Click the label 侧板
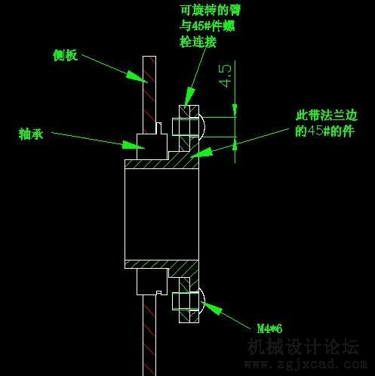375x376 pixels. pos(65,55)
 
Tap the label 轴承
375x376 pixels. pos(31,134)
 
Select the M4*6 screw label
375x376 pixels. pos(269,328)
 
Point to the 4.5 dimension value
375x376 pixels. pos(226,76)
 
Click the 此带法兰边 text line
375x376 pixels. pos(327,116)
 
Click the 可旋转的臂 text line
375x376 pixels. pos(211,11)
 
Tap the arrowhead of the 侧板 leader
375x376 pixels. pos(137,76)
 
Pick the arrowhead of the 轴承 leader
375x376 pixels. pos(133,145)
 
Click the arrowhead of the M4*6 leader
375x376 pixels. pos(211,307)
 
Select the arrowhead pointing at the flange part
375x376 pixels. pos(201,153)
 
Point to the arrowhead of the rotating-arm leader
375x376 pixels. pos(189,96)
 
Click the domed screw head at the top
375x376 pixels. pos(202,127)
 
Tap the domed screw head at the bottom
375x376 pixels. pos(202,300)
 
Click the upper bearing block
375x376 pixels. pos(152,146)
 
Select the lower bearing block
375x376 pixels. pos(152,282)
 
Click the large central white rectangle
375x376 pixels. pos(161,214)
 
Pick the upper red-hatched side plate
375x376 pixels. pos(149,94)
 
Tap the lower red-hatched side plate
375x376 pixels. pos(149,335)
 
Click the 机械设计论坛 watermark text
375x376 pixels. pos(303,347)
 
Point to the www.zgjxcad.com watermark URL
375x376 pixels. pos(306,364)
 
